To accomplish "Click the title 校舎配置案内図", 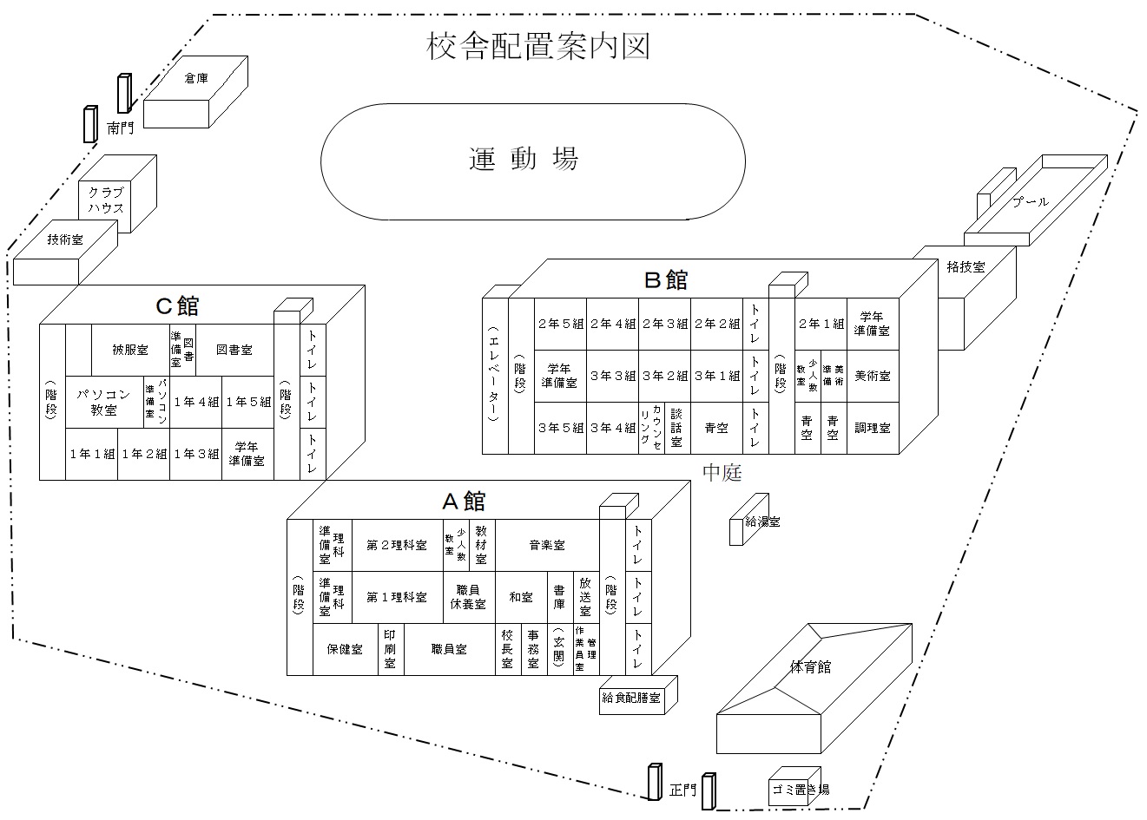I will [x=538, y=46].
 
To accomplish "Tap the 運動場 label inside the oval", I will [x=524, y=159].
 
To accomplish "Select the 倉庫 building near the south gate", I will [x=196, y=79].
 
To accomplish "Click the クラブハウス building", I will [x=105, y=200].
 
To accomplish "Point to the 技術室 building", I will [x=65, y=240].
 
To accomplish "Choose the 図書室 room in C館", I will [x=234, y=351].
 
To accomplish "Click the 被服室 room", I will [x=130, y=351].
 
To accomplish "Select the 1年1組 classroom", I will [x=91, y=454].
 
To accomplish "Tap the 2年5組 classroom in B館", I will [x=560, y=324].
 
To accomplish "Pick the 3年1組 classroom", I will [x=716, y=376].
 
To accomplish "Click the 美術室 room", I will [x=872, y=376].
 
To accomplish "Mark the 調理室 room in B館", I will [x=872, y=428].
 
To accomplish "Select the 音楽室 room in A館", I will [x=547, y=545].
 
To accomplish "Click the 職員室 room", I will [x=449, y=648].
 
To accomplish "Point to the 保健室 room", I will [x=345, y=648].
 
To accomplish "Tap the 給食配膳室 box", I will [x=631, y=697].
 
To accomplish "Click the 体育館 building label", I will [x=810, y=666].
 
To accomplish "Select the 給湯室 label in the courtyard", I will [x=762, y=522].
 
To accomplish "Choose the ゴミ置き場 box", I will [x=800, y=789].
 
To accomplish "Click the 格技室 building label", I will [x=966, y=267].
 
